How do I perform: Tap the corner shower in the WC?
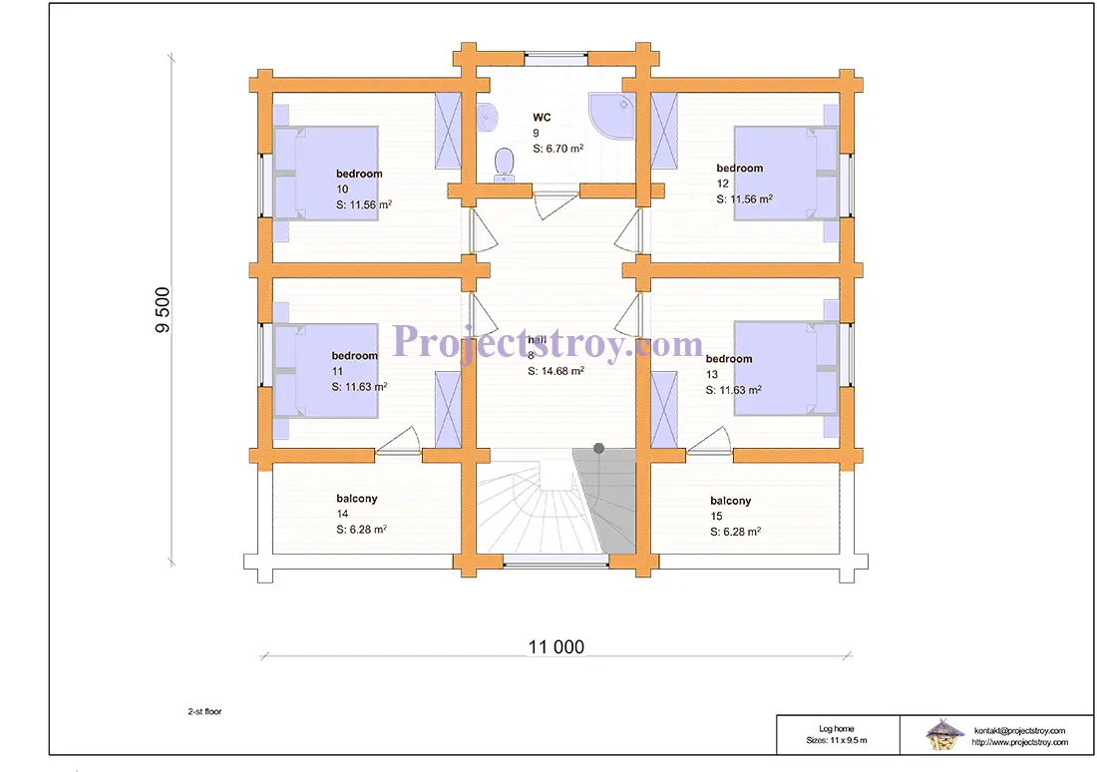tap(610, 114)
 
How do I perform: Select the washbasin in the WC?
tap(487, 118)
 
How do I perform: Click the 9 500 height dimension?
tap(162, 309)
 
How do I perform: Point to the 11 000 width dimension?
tap(556, 646)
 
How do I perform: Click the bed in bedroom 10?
tap(325, 174)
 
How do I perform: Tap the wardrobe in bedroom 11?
tap(448, 410)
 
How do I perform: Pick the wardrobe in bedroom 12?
tap(664, 131)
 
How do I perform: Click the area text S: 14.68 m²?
tap(556, 371)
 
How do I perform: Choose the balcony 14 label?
tap(357, 499)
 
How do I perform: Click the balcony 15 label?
tap(730, 501)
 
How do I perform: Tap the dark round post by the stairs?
tap(599, 448)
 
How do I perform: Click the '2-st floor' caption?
tap(204, 711)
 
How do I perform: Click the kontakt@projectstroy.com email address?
tap(1019, 731)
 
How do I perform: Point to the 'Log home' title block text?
tap(836, 728)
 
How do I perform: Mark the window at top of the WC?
tap(556, 59)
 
